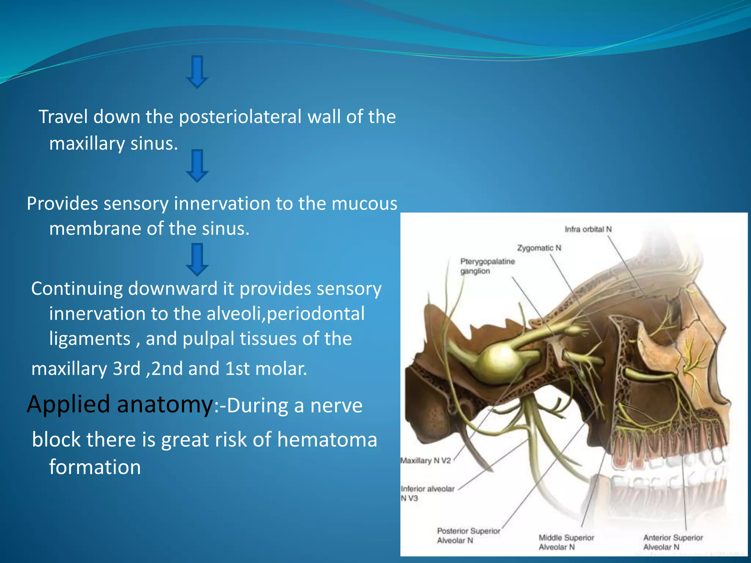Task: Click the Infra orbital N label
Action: click(588, 229)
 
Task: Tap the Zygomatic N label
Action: click(539, 248)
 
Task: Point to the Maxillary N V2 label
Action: click(425, 461)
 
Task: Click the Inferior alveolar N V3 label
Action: click(427, 493)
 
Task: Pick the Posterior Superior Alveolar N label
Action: click(468, 536)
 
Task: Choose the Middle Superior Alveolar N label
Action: click(566, 542)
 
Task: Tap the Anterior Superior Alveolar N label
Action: click(673, 542)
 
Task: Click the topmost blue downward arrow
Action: click(197, 72)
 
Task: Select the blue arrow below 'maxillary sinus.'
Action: click(197, 166)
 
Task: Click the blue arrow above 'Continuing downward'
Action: click(197, 260)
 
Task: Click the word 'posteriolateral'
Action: click(240, 117)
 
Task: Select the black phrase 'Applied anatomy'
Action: click(120, 405)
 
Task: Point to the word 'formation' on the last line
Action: click(95, 467)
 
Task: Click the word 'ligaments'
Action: click(90, 339)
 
